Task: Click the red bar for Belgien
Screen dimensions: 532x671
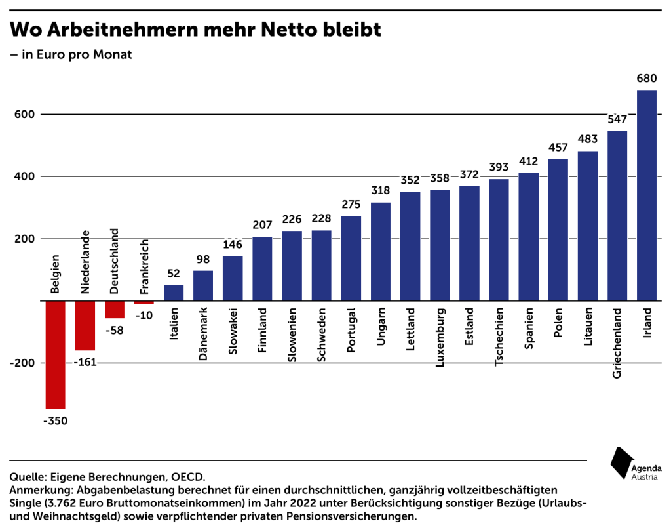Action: coord(55,354)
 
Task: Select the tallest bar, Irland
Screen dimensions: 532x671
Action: coord(646,195)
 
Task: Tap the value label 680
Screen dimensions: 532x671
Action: coord(646,79)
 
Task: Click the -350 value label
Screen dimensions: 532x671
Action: coord(55,420)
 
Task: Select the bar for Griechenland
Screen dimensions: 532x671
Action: coord(617,216)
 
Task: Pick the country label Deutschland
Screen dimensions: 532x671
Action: coord(114,261)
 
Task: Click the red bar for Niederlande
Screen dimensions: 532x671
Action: coord(85,325)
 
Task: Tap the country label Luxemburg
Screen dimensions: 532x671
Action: coord(439,338)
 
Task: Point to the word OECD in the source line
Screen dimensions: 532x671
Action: coord(189,476)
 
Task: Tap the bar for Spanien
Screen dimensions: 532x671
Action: coord(528,237)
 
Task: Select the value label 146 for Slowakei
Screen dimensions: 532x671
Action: coord(233,245)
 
